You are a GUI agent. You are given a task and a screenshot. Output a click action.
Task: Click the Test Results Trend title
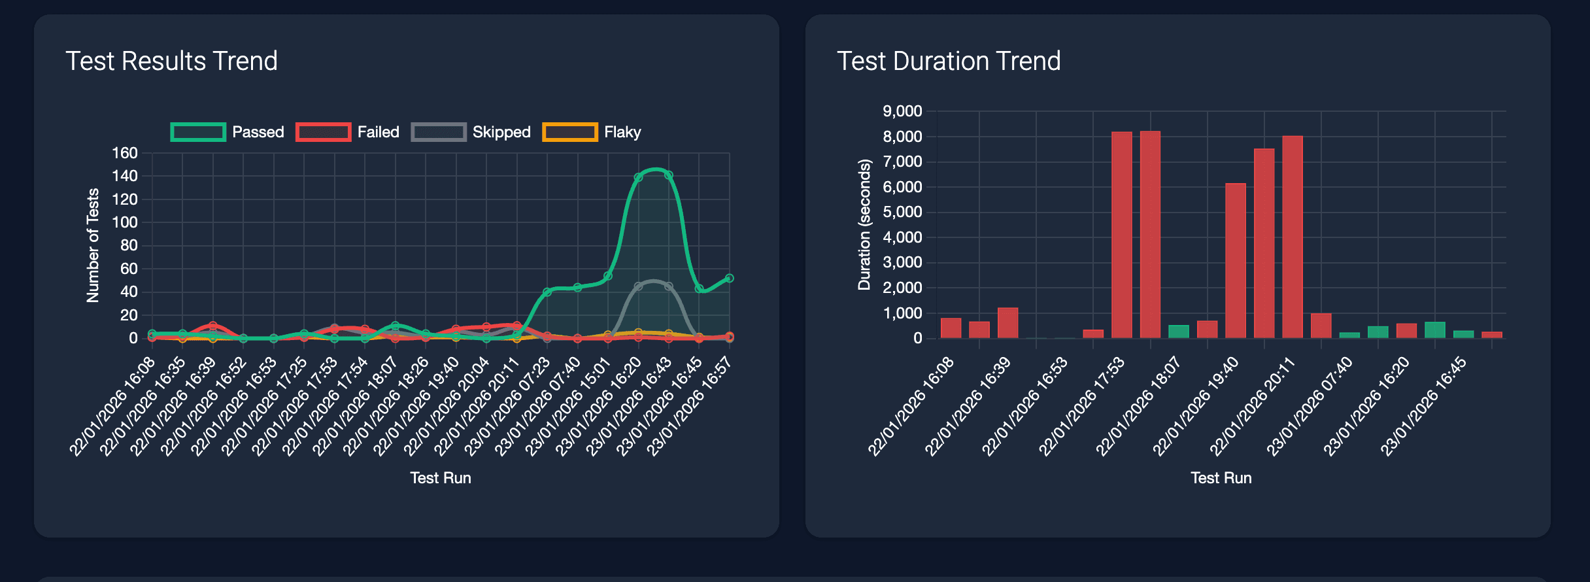click(171, 61)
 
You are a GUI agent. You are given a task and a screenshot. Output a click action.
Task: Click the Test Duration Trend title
click(949, 61)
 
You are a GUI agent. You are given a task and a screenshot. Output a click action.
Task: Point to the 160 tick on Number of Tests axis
click(125, 153)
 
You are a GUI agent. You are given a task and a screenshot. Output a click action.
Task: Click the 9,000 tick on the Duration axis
click(902, 111)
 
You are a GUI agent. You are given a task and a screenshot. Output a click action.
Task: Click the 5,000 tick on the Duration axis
click(902, 212)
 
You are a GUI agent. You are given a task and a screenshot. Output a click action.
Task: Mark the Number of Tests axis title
click(93, 245)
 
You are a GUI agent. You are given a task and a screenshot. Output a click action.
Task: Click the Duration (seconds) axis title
click(864, 224)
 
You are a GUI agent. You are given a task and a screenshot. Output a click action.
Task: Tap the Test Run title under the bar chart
click(1221, 478)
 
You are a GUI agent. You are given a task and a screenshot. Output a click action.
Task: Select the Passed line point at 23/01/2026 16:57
click(729, 278)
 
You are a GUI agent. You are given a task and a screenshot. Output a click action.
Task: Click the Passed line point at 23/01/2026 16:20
click(638, 177)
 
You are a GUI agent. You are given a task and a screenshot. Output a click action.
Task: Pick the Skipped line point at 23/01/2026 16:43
click(668, 286)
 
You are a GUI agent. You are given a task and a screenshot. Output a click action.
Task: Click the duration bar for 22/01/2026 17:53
click(1121, 235)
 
